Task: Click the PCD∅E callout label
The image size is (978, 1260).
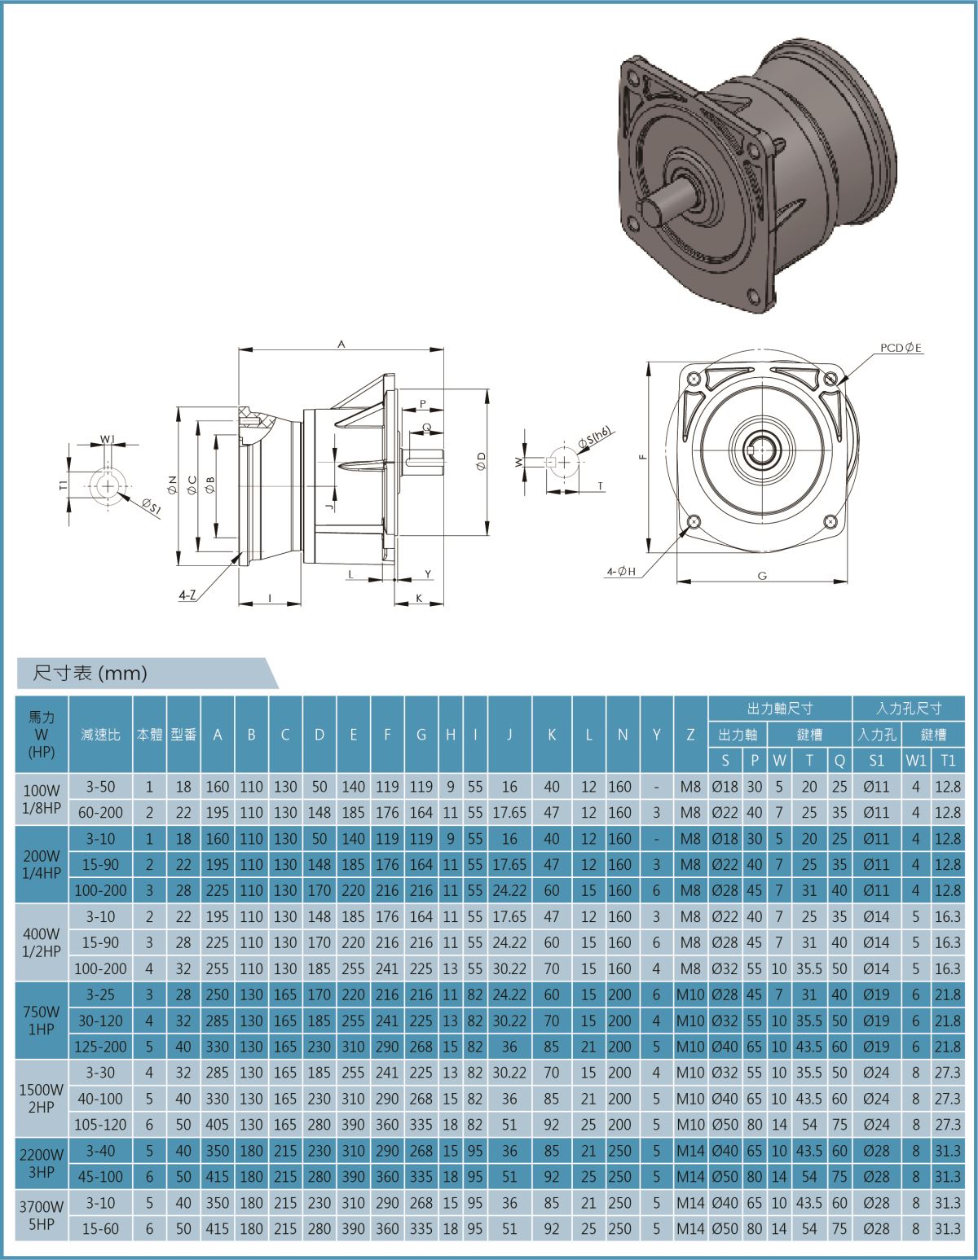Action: pos(900,348)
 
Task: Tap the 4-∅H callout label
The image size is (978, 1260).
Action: pos(621,573)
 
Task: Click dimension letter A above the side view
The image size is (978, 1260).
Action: pos(342,345)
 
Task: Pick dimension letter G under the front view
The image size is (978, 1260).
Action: pos(762,575)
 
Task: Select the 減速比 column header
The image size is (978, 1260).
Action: pos(101,735)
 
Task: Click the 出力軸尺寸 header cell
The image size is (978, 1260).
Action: pos(779,709)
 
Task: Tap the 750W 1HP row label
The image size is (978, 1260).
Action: pos(42,1020)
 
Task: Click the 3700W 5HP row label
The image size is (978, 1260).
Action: pos(42,1214)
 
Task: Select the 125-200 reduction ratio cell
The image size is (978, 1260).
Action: pos(101,1046)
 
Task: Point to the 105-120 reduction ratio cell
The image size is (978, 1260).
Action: pos(101,1124)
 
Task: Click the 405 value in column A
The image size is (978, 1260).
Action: pos(218,1124)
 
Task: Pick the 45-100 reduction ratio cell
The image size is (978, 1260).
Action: pos(101,1176)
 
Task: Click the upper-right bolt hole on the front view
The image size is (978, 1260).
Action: pos(830,380)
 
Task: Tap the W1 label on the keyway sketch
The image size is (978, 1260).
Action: pos(107,440)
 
